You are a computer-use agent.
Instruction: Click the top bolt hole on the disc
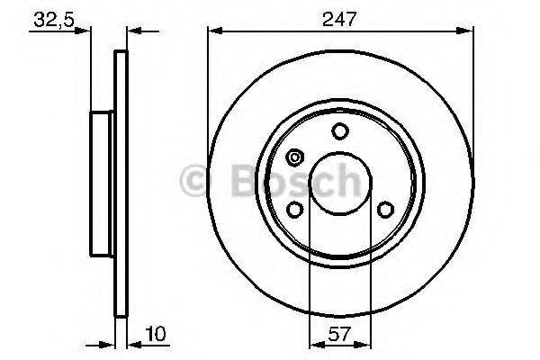point(339,131)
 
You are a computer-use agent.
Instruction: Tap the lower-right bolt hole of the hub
point(385,210)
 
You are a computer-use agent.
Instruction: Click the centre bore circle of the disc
point(339,184)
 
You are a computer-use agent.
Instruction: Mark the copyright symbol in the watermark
point(196,181)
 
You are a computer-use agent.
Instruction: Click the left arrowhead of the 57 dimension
point(313,343)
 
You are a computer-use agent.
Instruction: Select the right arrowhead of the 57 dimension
point(365,343)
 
